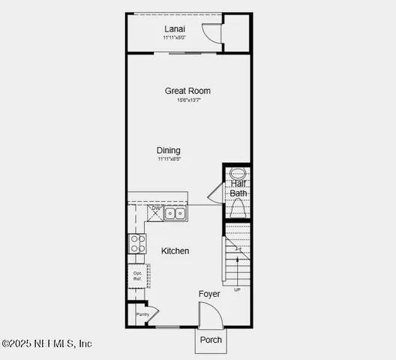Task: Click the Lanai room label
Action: [175, 30]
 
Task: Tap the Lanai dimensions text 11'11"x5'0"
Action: [175, 38]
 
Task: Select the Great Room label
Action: [187, 91]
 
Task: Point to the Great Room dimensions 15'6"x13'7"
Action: [187, 100]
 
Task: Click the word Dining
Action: [169, 150]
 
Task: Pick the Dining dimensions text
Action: [169, 159]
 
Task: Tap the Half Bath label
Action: [238, 188]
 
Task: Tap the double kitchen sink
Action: [175, 214]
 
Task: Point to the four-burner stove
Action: [137, 243]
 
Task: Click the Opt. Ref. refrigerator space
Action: [137, 276]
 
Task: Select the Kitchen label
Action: [175, 251]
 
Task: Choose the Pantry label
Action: [142, 315]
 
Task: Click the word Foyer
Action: [209, 294]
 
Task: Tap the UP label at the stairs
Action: [238, 289]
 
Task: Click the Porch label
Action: [211, 340]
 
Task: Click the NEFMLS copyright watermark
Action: [46, 343]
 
